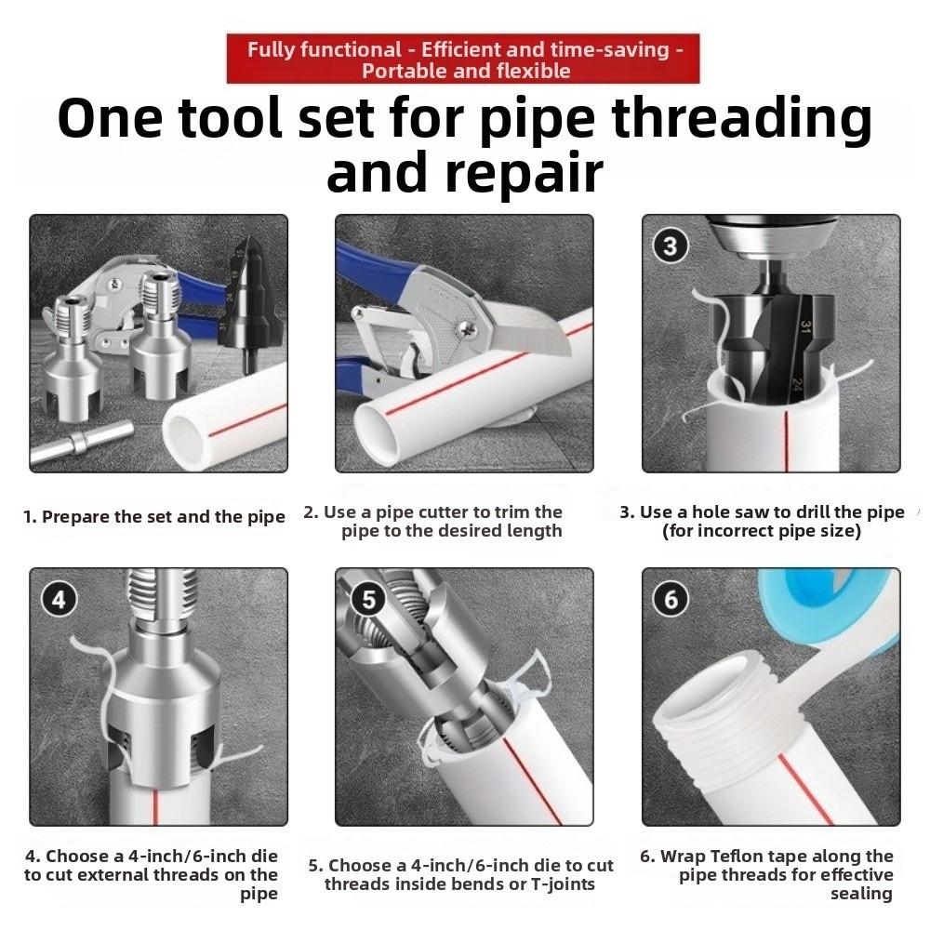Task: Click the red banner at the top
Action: pyautogui.click(x=462, y=59)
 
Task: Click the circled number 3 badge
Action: pyautogui.click(x=671, y=246)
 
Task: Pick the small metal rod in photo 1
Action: pyautogui.click(x=79, y=440)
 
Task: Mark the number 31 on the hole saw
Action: pyautogui.click(x=803, y=328)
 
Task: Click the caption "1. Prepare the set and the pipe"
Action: pyautogui.click(x=154, y=517)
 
